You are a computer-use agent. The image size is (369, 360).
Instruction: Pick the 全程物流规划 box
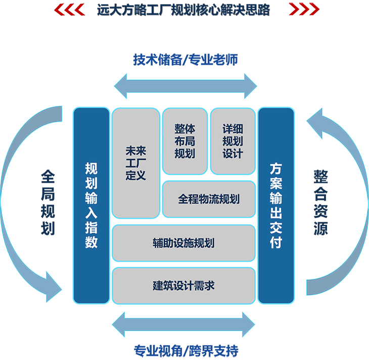(x=209, y=199)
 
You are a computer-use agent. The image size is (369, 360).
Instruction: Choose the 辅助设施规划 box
(x=183, y=243)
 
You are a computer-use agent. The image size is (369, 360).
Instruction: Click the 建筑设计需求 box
(x=183, y=285)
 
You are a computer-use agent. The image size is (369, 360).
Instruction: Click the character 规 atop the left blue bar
(x=91, y=169)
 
